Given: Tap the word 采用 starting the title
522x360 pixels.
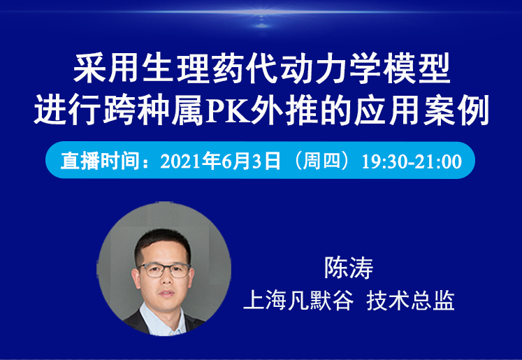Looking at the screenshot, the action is click(106, 69).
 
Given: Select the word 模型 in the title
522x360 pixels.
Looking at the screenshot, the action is click(416, 69).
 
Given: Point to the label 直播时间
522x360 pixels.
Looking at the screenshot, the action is click(99, 161).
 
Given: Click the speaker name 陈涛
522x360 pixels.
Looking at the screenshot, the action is click(349, 268).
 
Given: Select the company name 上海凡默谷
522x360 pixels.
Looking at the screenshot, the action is click(298, 301).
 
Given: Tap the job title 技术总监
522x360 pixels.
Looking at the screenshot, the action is click(410, 301).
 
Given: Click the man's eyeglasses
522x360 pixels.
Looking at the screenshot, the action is click(164, 270).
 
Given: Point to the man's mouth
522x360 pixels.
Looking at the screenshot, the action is click(166, 294).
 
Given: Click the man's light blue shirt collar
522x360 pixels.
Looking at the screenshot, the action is click(161, 319).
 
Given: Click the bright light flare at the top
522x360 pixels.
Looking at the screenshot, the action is click(261, 13).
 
